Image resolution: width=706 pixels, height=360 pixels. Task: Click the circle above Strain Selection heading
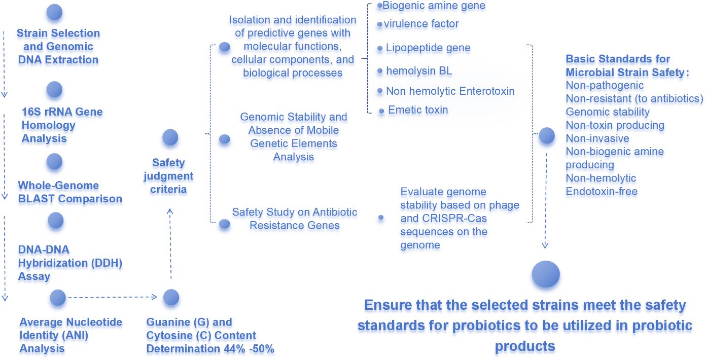coord(54,12)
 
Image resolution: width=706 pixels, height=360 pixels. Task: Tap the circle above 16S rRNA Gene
coord(54,89)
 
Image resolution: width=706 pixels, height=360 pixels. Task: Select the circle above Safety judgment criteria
coord(170,137)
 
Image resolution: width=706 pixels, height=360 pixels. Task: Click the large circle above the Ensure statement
coord(546,274)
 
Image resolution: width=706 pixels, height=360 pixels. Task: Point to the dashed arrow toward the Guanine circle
coord(113,297)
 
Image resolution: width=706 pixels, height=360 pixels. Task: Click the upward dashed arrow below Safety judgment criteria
coord(170,243)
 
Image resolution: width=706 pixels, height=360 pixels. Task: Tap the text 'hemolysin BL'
coord(419,71)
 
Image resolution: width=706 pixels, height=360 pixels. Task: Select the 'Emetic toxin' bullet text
coord(418,110)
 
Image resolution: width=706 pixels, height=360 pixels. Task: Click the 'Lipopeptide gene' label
coord(428,48)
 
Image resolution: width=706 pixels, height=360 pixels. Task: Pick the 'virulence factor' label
coord(421,24)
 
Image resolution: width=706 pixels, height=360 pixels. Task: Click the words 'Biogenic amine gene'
coord(434,6)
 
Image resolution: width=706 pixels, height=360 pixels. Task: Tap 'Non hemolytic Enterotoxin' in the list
coord(450,91)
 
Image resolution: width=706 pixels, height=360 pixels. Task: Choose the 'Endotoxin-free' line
coord(602,192)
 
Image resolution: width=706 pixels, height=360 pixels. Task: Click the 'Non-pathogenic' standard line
coord(605,85)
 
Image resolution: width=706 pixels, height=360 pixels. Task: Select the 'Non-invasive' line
coord(597,138)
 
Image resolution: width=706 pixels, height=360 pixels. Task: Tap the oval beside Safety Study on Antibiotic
coord(224,224)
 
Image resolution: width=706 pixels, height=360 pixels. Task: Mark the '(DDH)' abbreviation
coord(107,263)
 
